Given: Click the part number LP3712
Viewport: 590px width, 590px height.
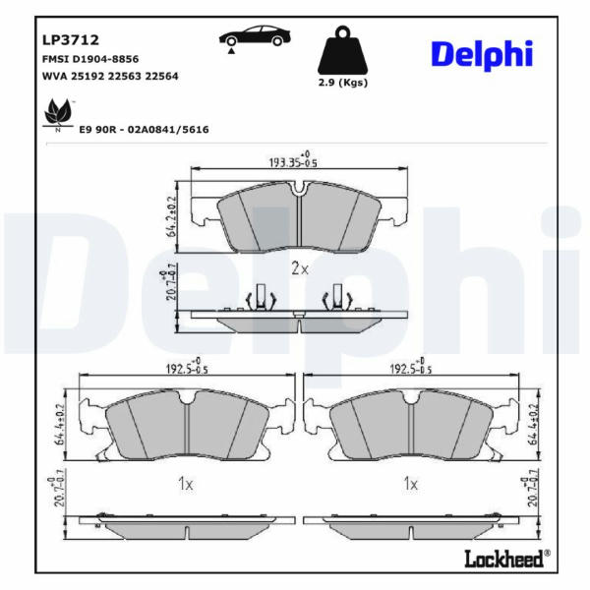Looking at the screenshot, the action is [71, 39].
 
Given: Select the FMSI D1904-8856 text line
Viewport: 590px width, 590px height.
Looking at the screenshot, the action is [90, 59].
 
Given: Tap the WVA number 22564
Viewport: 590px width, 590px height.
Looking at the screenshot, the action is [162, 76].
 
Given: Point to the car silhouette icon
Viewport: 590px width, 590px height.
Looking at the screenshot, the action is [255, 36].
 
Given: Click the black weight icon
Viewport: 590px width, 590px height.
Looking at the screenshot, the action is [342, 50].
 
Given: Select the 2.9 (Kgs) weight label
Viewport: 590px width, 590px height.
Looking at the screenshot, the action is [343, 83].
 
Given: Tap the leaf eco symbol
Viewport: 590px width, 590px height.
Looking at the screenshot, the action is [58, 113].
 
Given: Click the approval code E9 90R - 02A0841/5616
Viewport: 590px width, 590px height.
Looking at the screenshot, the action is [145, 130].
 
